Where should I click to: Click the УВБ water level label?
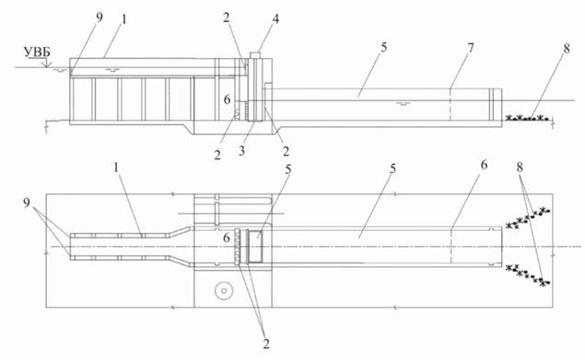37,52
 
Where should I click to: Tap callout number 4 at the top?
275,18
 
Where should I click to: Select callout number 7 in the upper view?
471,48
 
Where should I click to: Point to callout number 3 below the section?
242,151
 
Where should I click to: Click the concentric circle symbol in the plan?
224,290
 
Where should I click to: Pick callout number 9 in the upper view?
99,17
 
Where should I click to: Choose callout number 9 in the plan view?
27,203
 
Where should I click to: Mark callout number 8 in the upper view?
567,49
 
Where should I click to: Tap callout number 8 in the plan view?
521,168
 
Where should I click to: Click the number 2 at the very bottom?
265,343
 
